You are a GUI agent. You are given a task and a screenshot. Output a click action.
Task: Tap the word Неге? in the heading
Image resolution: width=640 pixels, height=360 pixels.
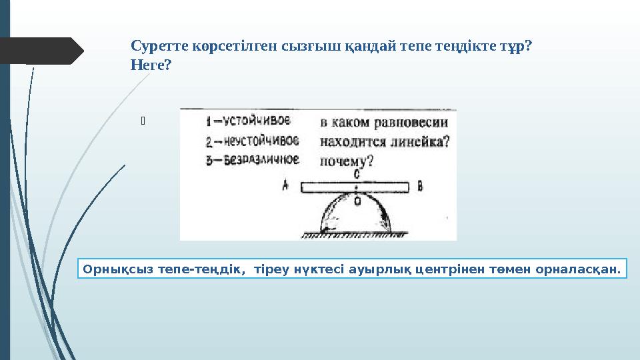pos(151,65)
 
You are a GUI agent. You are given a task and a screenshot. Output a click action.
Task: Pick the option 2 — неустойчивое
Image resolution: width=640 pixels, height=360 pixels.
pos(252,141)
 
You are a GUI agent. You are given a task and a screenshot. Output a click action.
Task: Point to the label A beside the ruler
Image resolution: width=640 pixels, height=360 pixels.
pos(285,187)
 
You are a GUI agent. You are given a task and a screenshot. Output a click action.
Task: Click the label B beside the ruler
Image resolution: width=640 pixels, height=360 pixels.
pos(420,187)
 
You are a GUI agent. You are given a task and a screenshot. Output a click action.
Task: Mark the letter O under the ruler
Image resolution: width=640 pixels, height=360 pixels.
pos(357,200)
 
